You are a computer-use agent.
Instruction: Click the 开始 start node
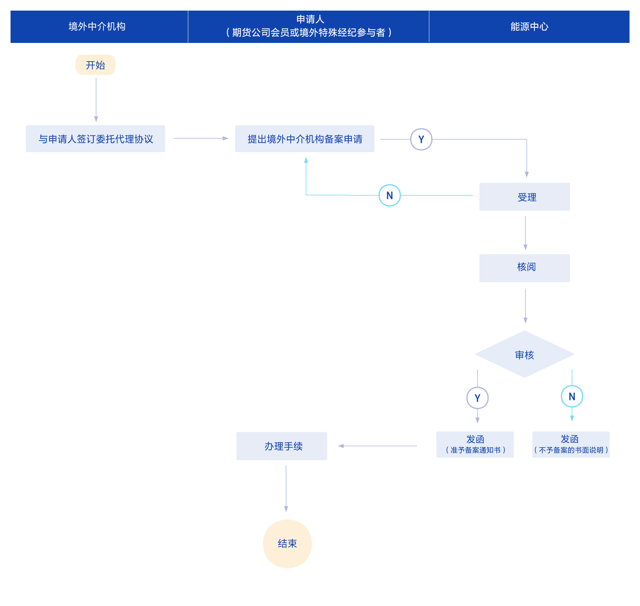pos(95,65)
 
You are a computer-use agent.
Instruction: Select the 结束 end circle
pos(287,544)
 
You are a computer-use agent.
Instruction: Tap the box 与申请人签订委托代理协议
pos(95,139)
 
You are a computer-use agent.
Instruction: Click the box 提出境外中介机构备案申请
pos(304,139)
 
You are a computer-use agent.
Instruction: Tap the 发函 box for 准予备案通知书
pos(475,445)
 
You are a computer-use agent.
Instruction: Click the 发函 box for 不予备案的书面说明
pos(571,445)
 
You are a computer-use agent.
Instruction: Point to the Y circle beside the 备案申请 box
pos(421,139)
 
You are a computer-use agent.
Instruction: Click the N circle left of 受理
pos(390,195)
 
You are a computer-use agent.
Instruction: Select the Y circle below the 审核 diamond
pos(477,398)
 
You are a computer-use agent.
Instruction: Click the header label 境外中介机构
pos(97,26)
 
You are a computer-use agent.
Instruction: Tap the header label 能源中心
pos(529,26)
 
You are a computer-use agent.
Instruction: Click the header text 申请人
pos(310,19)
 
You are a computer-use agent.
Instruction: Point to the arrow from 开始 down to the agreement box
pos(96,100)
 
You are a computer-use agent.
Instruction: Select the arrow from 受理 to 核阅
pos(525,233)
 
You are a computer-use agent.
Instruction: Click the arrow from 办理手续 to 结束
pos(286,488)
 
